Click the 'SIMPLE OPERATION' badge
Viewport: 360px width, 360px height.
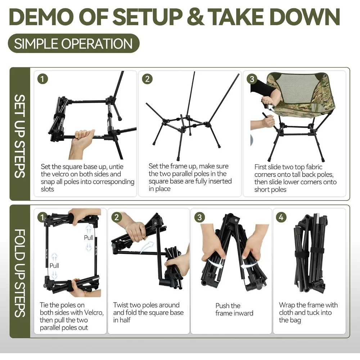pos(74,44)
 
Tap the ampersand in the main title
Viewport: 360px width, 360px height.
pos(195,17)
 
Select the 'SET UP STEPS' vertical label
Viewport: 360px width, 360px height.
pos(20,136)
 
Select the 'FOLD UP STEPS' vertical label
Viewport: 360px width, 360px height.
pos(20,273)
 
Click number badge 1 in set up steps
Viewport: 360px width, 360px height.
pos(42,79)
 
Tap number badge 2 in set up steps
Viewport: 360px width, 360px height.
pos(147,79)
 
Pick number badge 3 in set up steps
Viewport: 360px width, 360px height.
pos(252,79)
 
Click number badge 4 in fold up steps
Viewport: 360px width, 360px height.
pos(281,217)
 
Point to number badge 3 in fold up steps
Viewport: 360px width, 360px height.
pos(199,217)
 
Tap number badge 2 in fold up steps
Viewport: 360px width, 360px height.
pos(117,217)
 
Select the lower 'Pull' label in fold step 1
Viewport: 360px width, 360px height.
pos(54,266)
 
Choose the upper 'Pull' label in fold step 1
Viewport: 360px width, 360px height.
pos(89,238)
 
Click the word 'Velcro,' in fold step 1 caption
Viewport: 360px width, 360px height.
pos(94,312)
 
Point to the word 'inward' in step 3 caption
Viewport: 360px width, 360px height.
pos(244,313)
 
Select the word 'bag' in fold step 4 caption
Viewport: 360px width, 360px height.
pos(296,320)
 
